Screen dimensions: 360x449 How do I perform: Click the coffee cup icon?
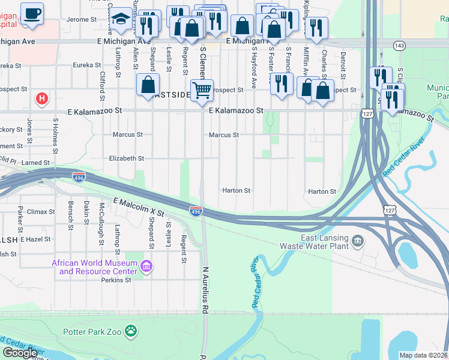[x=32, y=12]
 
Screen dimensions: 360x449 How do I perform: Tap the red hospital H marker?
[x=42, y=98]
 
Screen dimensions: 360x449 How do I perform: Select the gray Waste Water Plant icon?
[x=358, y=241]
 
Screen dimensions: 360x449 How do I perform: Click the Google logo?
[x=20, y=353]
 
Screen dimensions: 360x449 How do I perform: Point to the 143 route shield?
[x=400, y=46]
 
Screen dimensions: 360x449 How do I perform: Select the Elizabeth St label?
[x=126, y=158]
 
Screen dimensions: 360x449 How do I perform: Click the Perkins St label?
[x=116, y=280]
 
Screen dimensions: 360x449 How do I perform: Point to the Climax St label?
[x=41, y=212]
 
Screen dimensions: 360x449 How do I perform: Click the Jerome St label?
[x=82, y=19]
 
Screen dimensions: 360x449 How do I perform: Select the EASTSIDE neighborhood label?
[x=172, y=95]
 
